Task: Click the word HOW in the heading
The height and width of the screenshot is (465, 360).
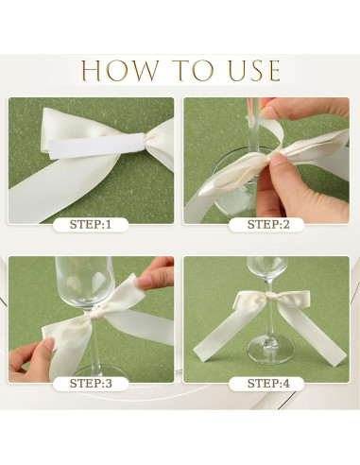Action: pyautogui.click(x=120, y=71)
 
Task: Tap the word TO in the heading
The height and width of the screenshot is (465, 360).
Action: pyautogui.click(x=195, y=71)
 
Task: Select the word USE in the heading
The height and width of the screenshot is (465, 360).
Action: pyautogui.click(x=254, y=71)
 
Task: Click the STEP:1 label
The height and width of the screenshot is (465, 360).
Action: pyautogui.click(x=91, y=225)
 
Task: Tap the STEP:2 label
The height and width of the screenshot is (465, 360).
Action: pyautogui.click(x=268, y=225)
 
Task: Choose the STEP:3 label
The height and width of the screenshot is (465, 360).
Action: pyautogui.click(x=91, y=384)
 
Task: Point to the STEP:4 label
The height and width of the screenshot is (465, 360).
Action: pyautogui.click(x=268, y=384)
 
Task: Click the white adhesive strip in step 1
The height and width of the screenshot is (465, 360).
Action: pyautogui.click(x=95, y=146)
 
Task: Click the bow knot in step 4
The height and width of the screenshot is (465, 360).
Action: pyautogui.click(x=270, y=296)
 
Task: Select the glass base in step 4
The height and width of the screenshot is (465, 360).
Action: pyautogui.click(x=271, y=349)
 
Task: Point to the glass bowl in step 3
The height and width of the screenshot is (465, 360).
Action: pyautogui.click(x=84, y=282)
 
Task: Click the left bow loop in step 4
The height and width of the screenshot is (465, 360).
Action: pyautogui.click(x=249, y=300)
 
